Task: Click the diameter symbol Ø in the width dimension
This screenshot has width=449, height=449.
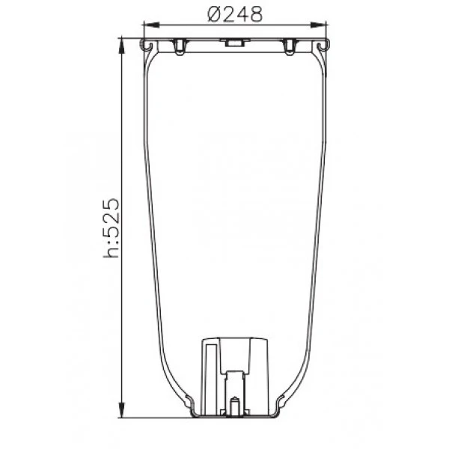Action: [x=215, y=14]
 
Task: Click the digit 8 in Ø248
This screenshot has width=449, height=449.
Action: [x=256, y=14]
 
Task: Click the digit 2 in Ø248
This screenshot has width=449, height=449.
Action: [x=228, y=14]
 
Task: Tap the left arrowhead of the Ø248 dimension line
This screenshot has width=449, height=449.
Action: [x=151, y=25]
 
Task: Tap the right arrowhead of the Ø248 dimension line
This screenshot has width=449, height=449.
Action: [x=319, y=25]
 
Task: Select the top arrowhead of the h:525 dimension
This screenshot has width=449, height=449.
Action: [x=122, y=45]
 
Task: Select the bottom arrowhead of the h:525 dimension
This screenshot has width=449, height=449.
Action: [x=122, y=410]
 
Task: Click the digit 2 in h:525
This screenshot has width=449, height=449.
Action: [x=111, y=219]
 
